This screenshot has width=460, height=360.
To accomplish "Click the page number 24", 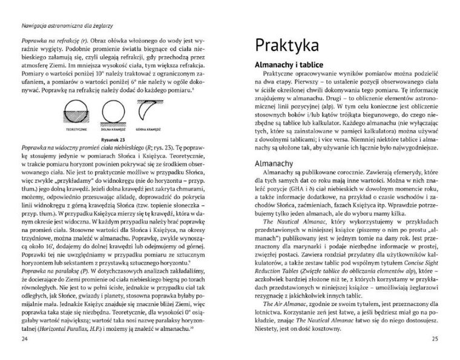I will (x=25, y=338).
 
